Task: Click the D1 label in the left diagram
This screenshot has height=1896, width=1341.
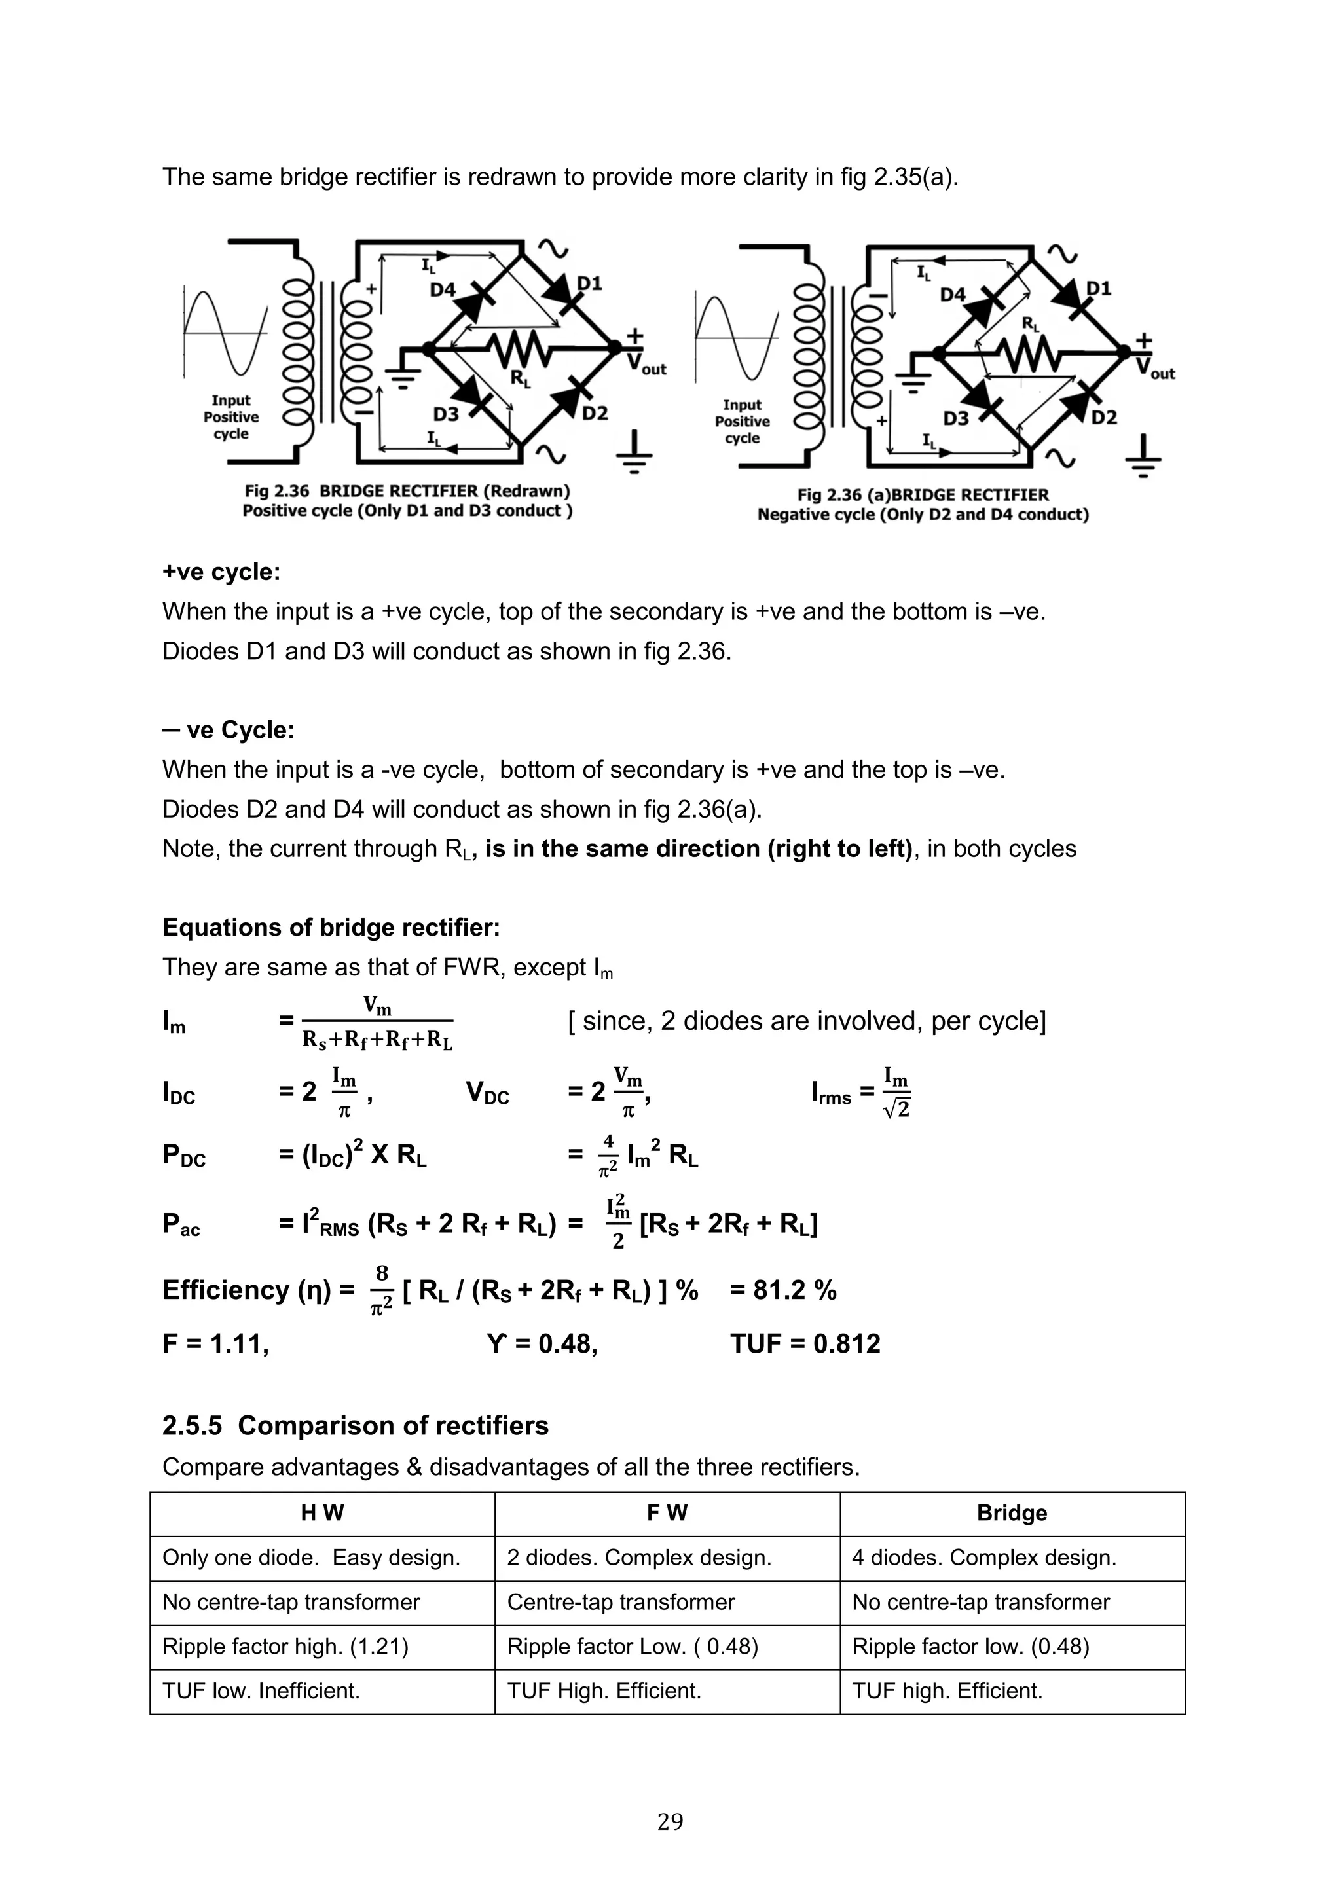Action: click(589, 283)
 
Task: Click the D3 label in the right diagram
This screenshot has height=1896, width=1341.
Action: click(955, 418)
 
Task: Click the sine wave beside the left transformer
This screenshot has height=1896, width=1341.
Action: click(225, 332)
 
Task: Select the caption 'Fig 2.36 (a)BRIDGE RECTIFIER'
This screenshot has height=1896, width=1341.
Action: click(923, 495)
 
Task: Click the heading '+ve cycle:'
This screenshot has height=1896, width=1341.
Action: click(221, 572)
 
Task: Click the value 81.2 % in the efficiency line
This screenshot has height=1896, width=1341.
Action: click(783, 1290)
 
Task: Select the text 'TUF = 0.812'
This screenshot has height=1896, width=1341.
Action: click(805, 1343)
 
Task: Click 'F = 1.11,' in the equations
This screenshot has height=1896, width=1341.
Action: click(215, 1343)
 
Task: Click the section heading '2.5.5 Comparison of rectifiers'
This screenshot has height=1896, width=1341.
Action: click(355, 1426)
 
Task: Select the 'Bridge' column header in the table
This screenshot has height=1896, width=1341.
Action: click(1012, 1513)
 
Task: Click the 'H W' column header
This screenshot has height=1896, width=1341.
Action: click(322, 1513)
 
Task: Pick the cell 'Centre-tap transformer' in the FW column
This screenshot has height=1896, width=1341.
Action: click(620, 1602)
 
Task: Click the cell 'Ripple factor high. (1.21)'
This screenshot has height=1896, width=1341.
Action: click(285, 1647)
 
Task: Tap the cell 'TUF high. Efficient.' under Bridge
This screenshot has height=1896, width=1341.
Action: click(947, 1690)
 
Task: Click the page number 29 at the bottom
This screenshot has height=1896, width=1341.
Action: click(670, 1821)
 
